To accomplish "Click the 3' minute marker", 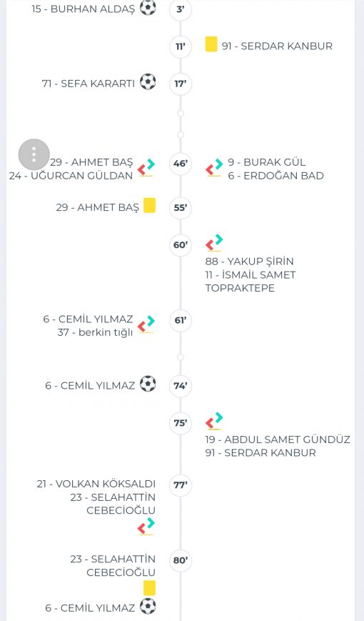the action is tap(181, 9).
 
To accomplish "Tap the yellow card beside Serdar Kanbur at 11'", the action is tap(211, 44).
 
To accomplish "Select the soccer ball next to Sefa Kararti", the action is tap(148, 81).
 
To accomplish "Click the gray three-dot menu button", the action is tap(34, 154).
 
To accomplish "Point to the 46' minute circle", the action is tap(181, 163).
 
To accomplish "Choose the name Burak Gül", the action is tap(267, 162).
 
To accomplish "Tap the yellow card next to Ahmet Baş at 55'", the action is tap(150, 206).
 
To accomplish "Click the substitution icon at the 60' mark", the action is tap(214, 243).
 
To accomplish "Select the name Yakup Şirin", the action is tap(249, 262).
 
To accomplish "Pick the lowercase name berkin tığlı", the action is tap(95, 332).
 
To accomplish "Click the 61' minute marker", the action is tap(181, 320).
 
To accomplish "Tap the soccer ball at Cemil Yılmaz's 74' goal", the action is tap(148, 384).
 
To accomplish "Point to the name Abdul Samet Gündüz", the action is tap(278, 439).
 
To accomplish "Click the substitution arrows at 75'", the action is tap(214, 421).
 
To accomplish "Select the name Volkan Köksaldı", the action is tap(96, 484).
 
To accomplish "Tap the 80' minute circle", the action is tap(181, 560).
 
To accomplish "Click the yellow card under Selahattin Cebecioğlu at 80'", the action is tap(150, 588).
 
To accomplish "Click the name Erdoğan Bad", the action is tap(275, 176).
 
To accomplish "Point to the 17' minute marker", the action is tap(181, 84).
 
